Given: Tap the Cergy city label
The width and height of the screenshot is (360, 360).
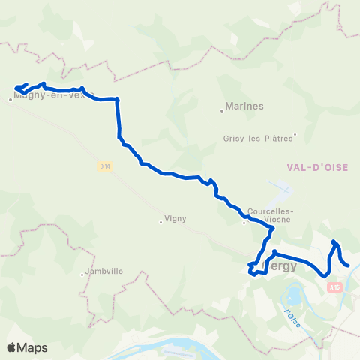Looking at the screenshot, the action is (280, 266).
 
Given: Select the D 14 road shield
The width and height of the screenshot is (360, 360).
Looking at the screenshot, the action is (107, 166).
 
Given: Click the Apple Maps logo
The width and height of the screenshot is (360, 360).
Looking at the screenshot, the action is (28, 347).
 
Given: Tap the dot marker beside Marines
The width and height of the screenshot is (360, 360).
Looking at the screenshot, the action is (223, 110).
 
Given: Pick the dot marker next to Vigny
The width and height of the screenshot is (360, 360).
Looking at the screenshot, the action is (161, 220).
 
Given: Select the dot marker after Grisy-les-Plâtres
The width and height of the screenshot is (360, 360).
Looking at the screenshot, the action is (295, 136).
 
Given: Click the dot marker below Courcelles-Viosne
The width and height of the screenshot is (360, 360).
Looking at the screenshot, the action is (244, 222).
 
